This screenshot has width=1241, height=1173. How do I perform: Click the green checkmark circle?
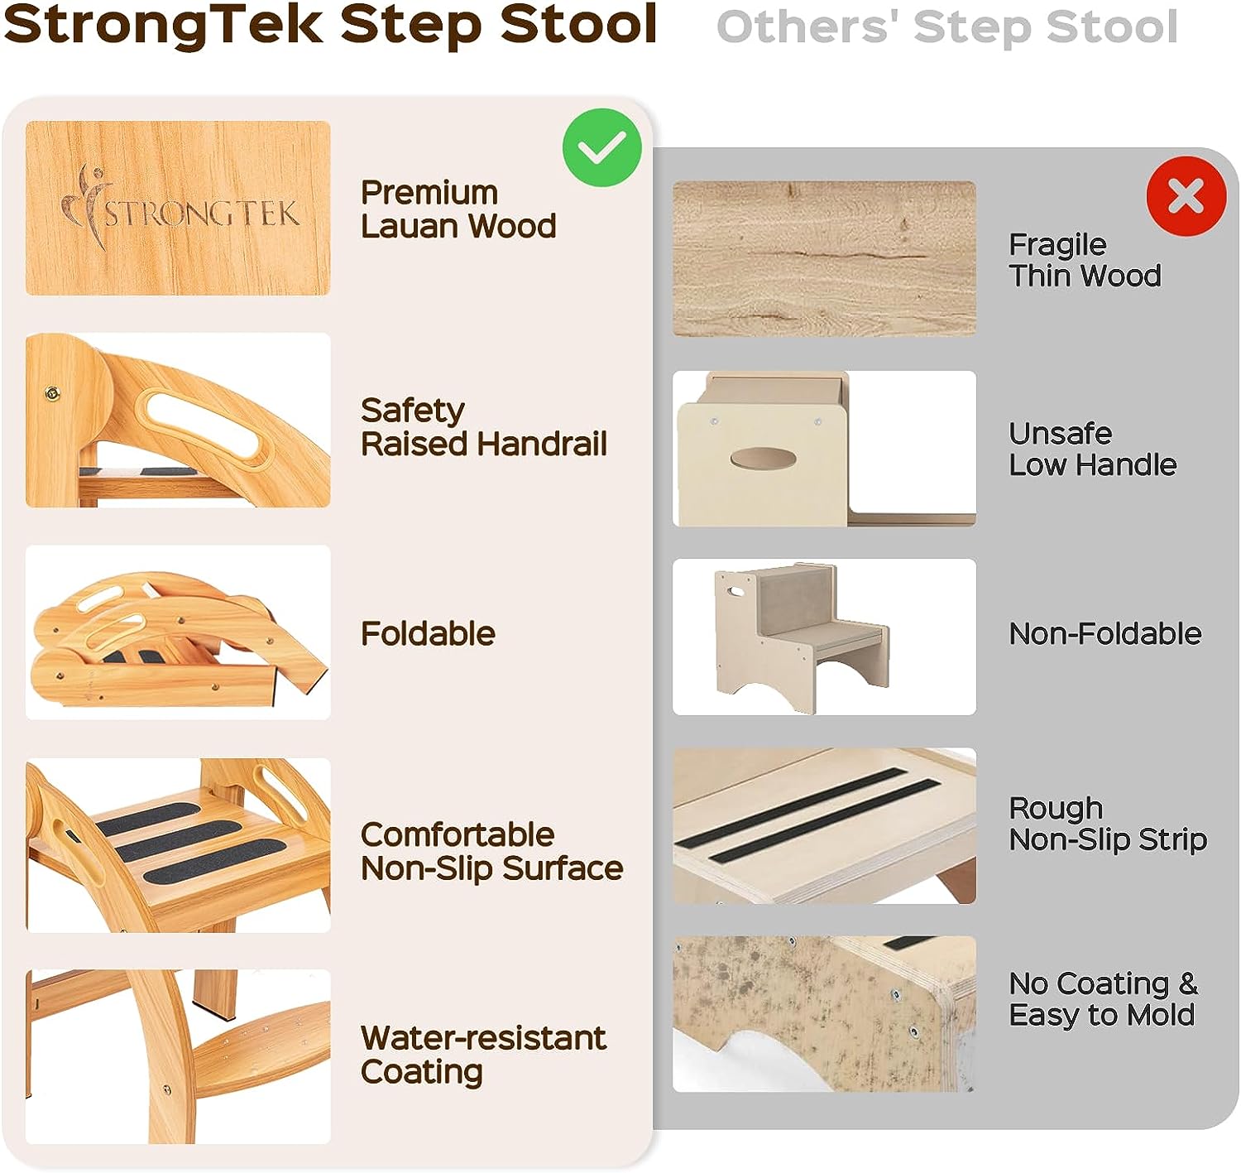click(x=601, y=147)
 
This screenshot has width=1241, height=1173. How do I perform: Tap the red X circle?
click(x=1186, y=195)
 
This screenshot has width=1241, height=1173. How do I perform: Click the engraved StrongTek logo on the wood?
click(x=180, y=207)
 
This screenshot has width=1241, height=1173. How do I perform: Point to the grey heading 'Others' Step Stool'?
click(x=946, y=26)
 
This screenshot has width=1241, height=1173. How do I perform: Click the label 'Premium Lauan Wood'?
click(x=458, y=209)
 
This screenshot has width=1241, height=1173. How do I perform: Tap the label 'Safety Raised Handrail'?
click(x=484, y=428)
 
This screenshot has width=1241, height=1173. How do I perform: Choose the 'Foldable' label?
click(x=428, y=633)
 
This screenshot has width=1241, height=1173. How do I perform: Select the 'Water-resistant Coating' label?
click(x=483, y=1055)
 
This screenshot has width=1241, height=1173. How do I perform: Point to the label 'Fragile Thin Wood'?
click(x=1085, y=260)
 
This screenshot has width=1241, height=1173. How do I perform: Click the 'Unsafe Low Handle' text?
click(x=1092, y=449)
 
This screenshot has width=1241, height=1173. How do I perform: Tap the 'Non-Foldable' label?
click(x=1104, y=633)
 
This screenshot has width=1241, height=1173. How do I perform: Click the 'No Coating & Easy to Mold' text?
click(x=1103, y=1000)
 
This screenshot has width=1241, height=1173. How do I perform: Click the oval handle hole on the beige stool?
click(x=763, y=459)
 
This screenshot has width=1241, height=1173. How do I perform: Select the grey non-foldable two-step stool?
click(x=802, y=637)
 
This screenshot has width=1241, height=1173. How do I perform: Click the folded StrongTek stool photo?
click(x=178, y=632)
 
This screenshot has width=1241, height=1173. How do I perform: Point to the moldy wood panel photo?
click(x=823, y=1014)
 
